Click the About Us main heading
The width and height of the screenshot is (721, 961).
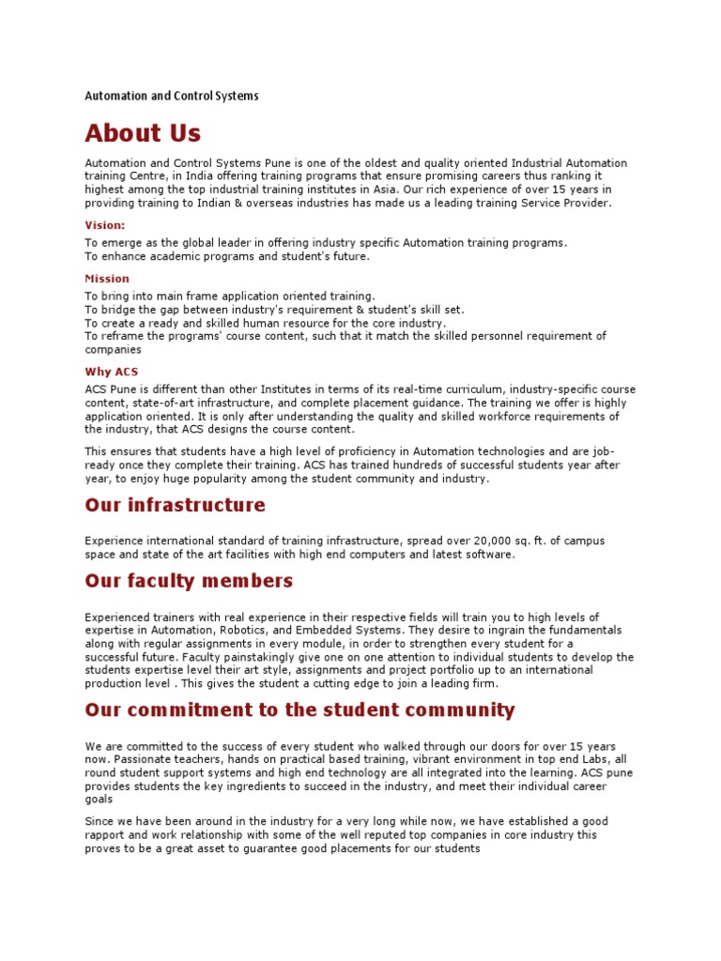[x=143, y=132]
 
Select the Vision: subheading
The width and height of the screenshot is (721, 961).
[x=105, y=225]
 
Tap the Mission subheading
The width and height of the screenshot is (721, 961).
[x=107, y=279]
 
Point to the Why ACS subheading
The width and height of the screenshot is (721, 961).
[x=112, y=372]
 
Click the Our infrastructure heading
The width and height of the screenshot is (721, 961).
[x=175, y=506]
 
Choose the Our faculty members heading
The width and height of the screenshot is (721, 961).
[x=189, y=581]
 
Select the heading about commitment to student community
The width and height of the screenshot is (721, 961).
[x=299, y=709]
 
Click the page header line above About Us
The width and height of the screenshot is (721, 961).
[x=172, y=96]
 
